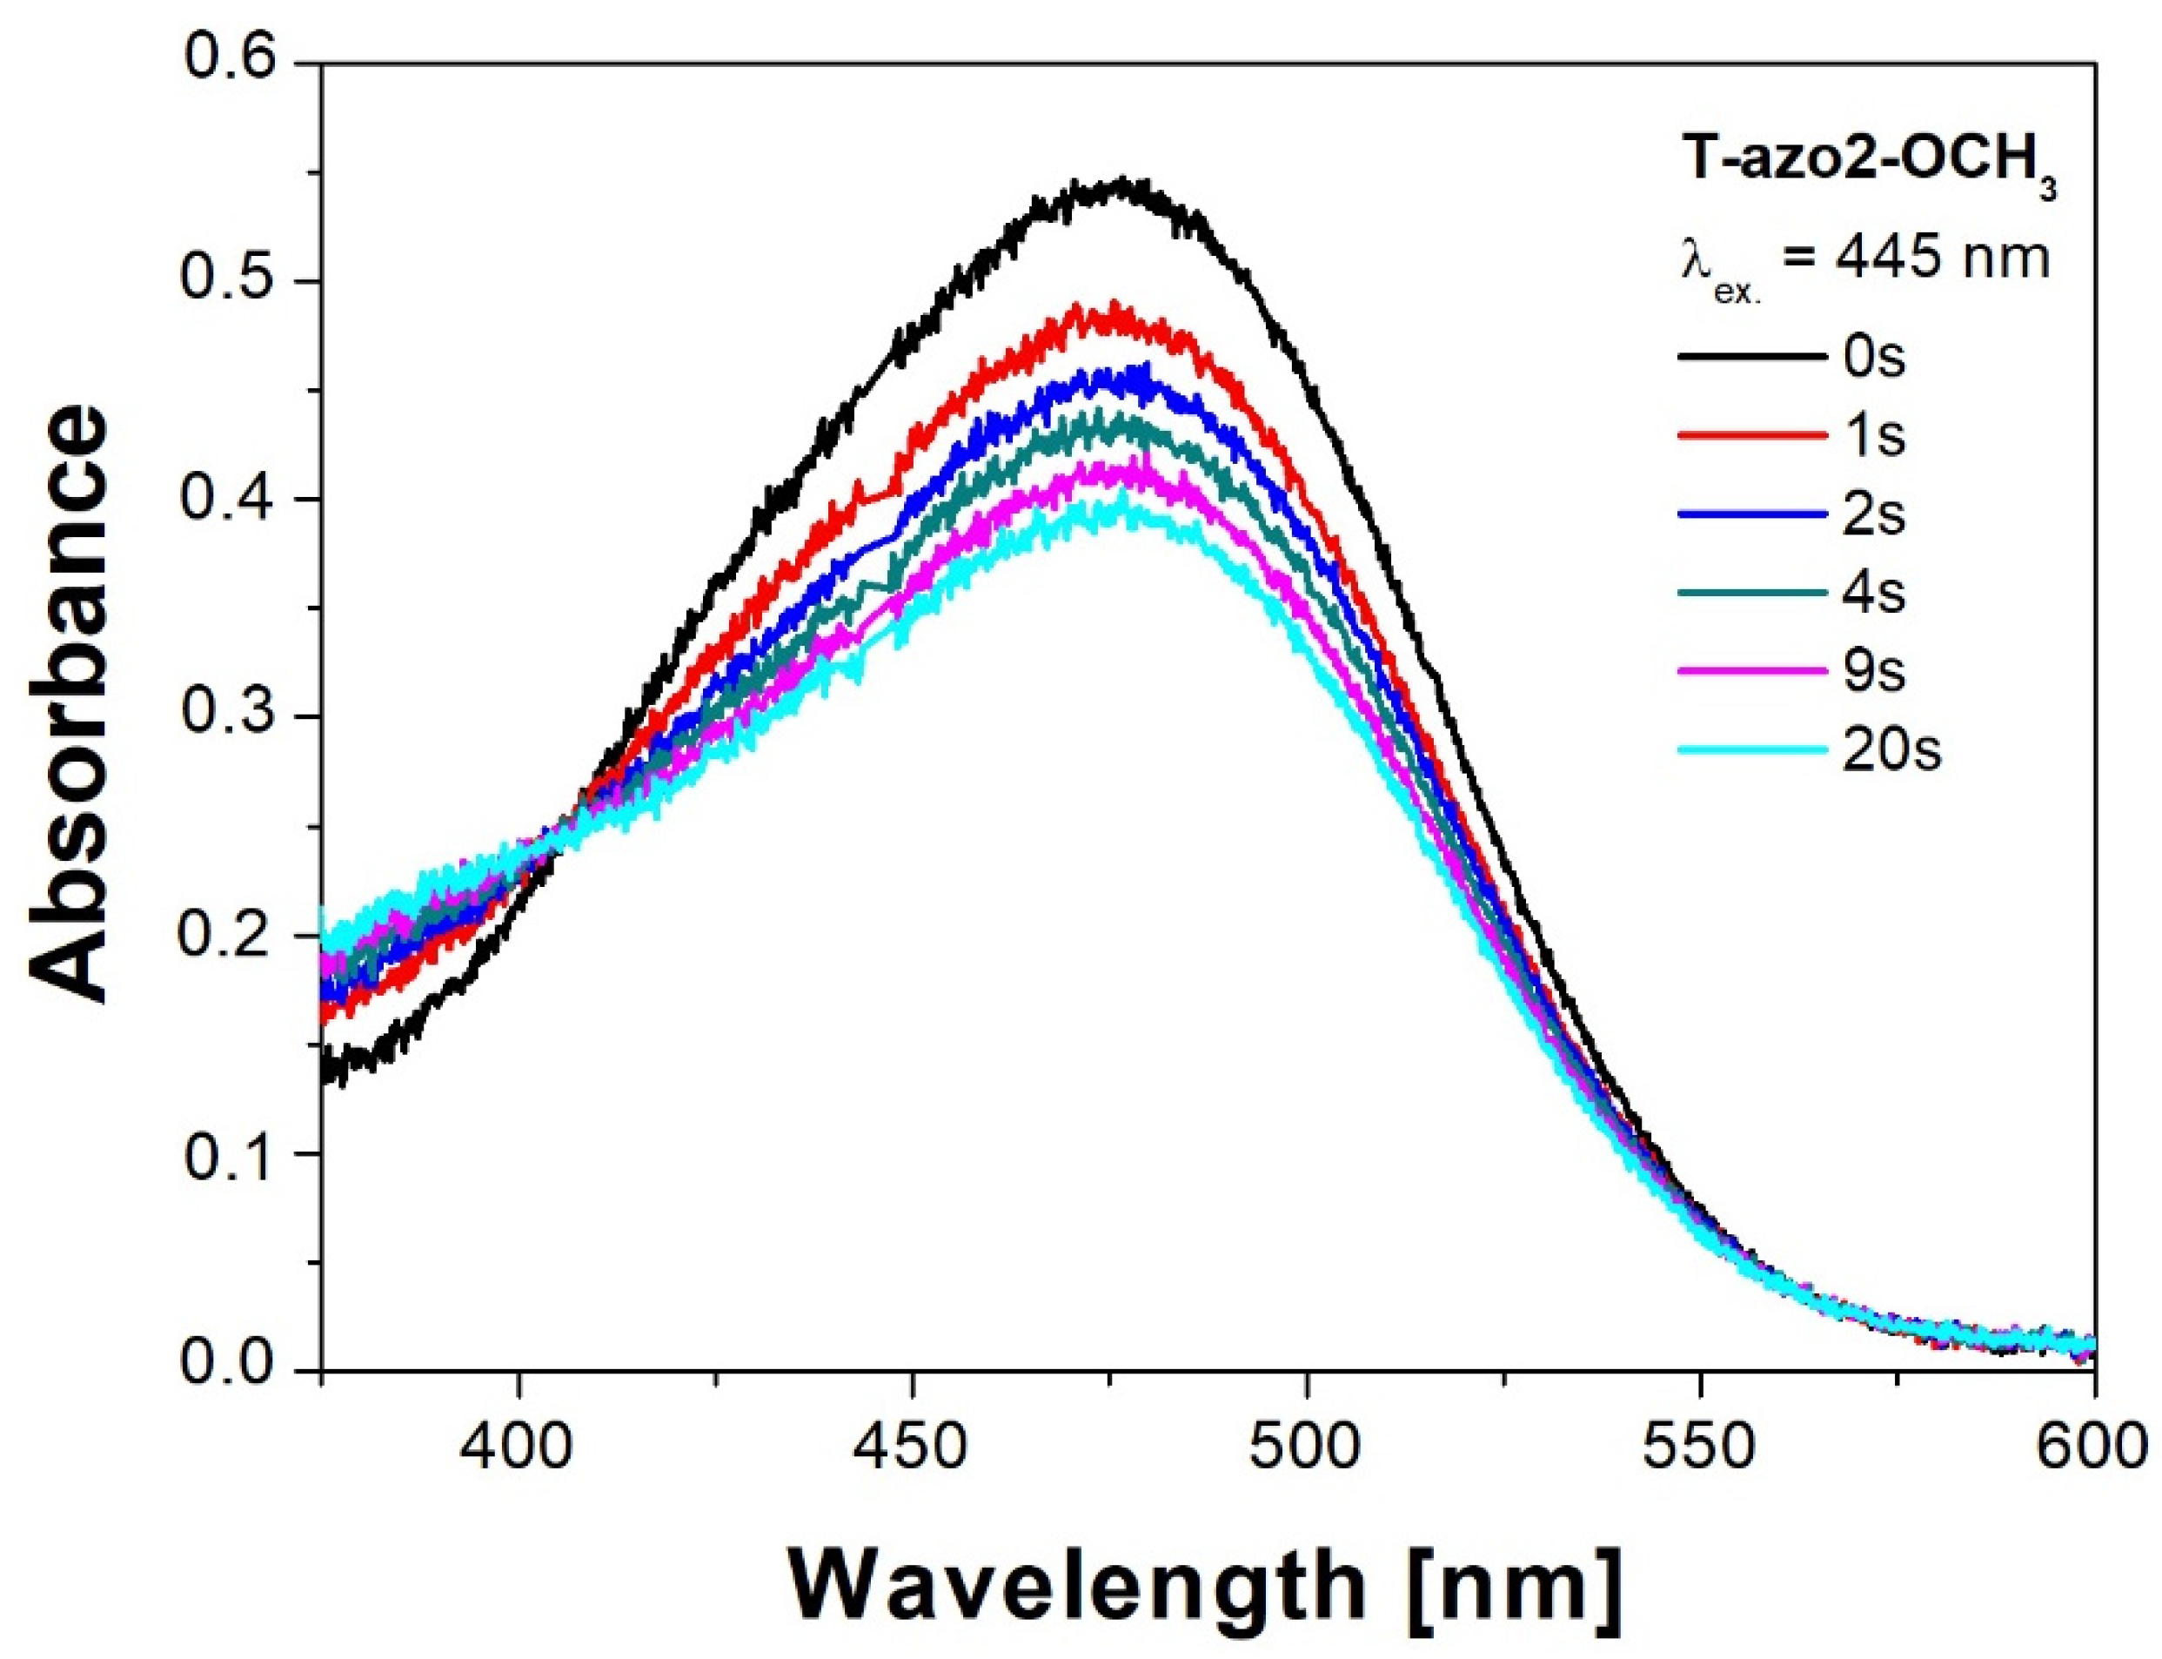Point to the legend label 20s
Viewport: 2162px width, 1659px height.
coord(1889,749)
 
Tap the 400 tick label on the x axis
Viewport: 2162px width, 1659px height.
coord(518,1447)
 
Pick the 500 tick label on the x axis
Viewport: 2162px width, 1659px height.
coord(1305,1447)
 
